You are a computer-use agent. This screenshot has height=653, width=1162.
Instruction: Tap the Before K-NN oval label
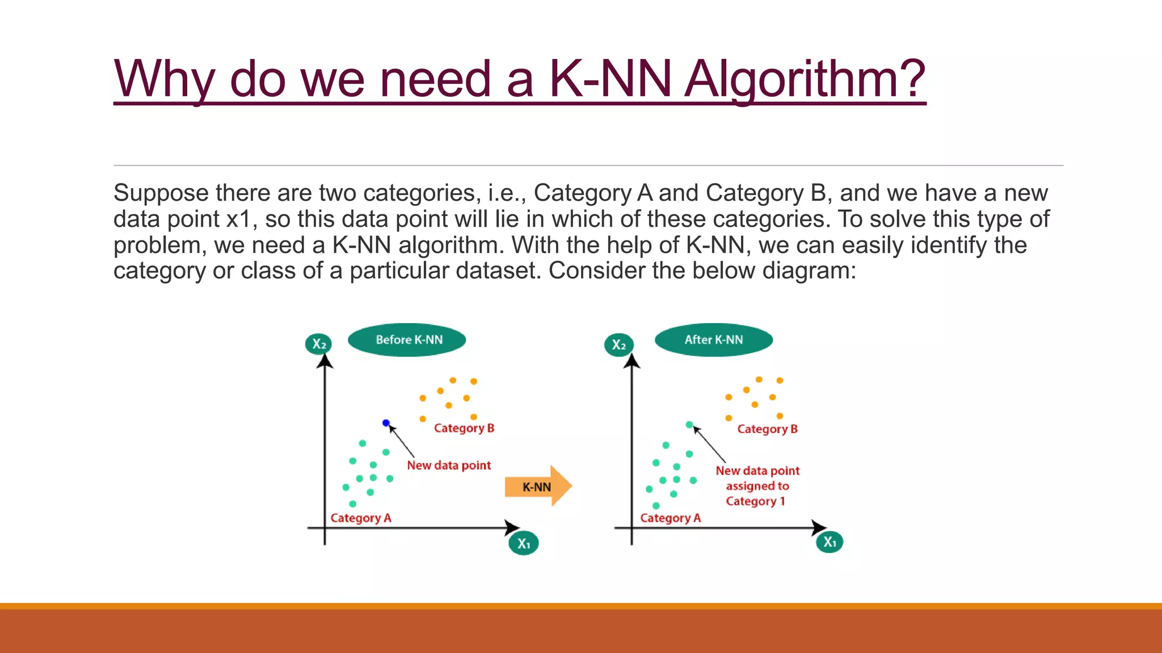pos(407,340)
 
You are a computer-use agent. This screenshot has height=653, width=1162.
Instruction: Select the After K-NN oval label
pos(713,340)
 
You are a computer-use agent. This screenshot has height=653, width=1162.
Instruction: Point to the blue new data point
pos(386,423)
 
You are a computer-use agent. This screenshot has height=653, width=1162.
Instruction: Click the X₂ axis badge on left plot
pos(318,344)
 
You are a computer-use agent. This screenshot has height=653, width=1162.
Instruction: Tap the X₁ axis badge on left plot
pos(523,544)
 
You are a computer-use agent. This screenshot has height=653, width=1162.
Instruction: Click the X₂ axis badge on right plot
pos(618,345)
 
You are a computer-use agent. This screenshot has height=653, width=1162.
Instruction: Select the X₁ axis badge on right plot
pos(830,542)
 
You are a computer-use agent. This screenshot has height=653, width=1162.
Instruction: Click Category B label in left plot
pos(464,429)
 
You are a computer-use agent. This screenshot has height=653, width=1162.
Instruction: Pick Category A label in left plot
pos(361,518)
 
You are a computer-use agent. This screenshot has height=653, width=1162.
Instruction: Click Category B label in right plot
pos(767,429)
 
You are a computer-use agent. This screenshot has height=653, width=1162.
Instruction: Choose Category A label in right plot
pos(670,518)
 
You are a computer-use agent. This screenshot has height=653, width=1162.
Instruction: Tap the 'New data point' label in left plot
pos(448,465)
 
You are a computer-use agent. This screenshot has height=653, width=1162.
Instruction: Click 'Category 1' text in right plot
pos(755,501)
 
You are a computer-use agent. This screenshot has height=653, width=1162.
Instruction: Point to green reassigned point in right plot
pos(689,425)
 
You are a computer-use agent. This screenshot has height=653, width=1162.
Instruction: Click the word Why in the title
pos(164,79)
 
